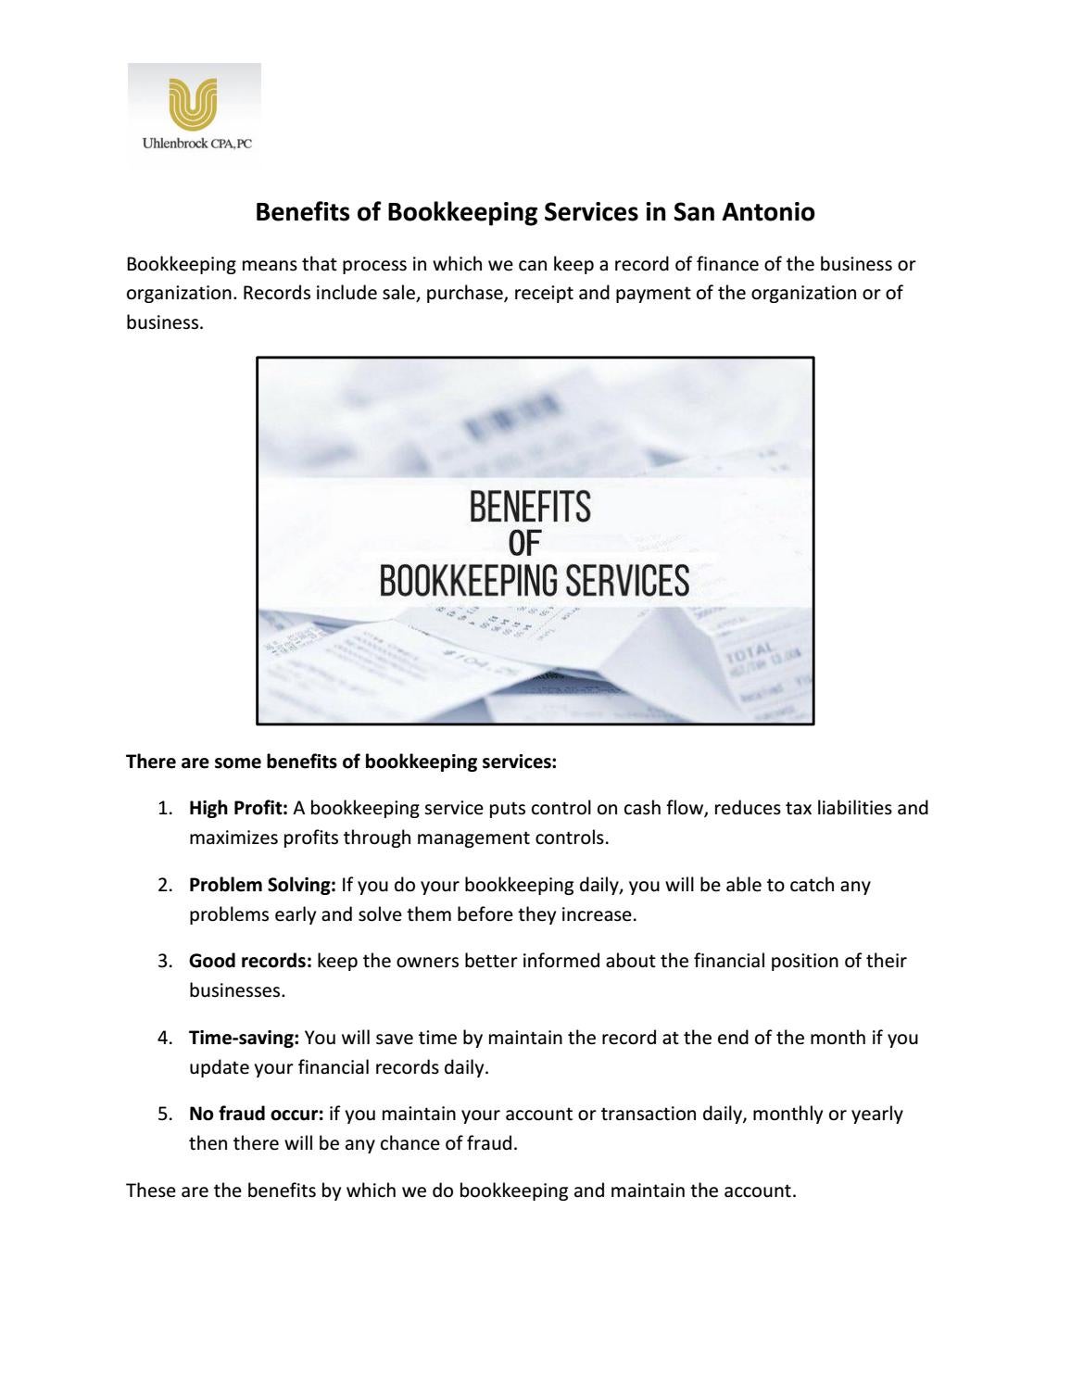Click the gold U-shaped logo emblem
click(193, 103)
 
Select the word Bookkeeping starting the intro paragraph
click(181, 264)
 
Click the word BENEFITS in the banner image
click(529, 507)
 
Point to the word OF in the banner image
click(524, 544)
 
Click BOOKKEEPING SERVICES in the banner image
click(535, 581)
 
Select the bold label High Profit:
click(238, 808)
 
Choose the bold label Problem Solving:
click(262, 885)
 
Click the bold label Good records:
click(250, 961)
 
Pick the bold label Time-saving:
click(244, 1038)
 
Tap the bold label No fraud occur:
click(256, 1114)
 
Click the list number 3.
click(164, 961)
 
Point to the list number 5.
click(164, 1114)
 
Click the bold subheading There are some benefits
click(341, 762)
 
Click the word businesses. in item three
click(237, 990)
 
